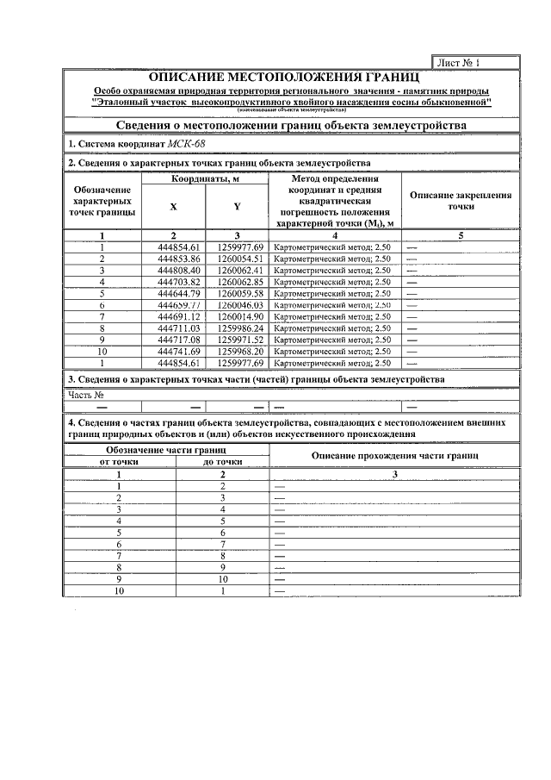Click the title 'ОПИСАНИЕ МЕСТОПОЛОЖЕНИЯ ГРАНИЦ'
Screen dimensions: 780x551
(x=291, y=78)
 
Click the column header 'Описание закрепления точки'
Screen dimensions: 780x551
(x=461, y=201)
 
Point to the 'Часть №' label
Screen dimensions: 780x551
(x=85, y=395)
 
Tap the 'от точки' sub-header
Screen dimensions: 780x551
(x=119, y=462)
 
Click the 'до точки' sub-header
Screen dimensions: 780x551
(x=222, y=462)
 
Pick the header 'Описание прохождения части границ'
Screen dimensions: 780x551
(x=394, y=455)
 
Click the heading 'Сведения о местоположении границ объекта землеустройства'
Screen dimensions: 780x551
(x=291, y=125)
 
